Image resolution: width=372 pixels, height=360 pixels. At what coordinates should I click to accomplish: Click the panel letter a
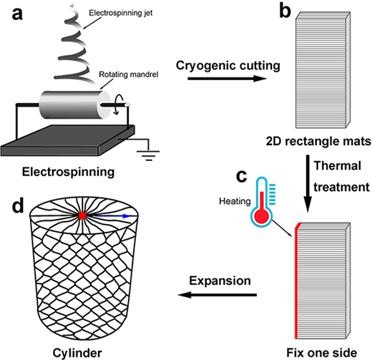(17, 14)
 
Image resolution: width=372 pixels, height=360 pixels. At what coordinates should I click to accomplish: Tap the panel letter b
(285, 11)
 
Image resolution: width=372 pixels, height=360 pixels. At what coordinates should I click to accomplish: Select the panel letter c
(241, 176)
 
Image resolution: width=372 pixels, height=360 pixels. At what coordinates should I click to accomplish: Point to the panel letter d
(18, 205)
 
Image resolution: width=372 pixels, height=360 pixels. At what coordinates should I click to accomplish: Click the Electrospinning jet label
(121, 13)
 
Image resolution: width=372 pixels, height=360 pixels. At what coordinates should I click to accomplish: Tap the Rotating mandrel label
(129, 74)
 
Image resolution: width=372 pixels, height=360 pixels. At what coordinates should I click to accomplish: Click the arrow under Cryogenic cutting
(227, 78)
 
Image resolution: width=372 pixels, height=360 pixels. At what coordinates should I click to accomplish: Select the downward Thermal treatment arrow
(308, 183)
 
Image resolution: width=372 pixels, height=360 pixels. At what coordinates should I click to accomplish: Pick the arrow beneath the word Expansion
(217, 295)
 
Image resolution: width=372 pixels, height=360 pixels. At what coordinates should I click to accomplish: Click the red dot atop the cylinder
(82, 215)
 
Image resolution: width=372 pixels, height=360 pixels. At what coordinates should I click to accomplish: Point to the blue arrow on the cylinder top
(112, 216)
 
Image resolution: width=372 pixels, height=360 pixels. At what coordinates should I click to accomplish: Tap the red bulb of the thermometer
(262, 216)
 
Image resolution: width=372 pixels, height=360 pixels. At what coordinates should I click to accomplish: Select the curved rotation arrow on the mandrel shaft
(119, 104)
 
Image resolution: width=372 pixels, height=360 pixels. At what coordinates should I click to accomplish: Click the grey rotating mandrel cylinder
(75, 104)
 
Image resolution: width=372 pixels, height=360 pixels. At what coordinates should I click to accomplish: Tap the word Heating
(235, 201)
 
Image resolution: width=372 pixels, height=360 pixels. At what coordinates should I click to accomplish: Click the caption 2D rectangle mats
(318, 141)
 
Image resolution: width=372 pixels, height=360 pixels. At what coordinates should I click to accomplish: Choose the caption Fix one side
(322, 353)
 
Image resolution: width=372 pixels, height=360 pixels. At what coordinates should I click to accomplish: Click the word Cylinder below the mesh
(77, 353)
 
